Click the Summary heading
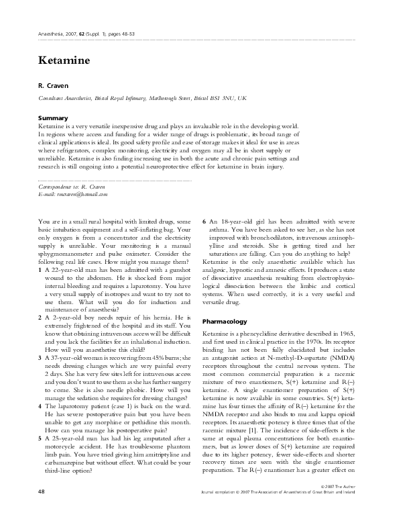click(x=54, y=118)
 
